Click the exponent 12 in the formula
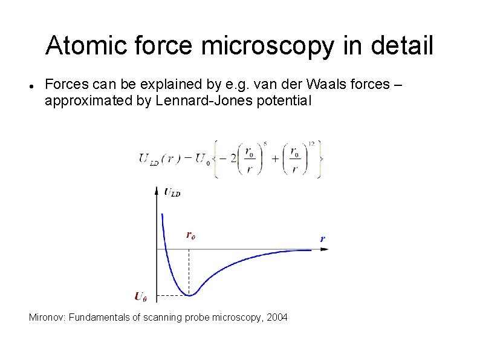[x=311, y=143]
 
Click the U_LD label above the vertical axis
[x=172, y=192]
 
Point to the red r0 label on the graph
[x=190, y=235]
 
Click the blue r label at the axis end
[x=323, y=238]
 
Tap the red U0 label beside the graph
[x=140, y=296]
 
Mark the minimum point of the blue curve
[x=190, y=295]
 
